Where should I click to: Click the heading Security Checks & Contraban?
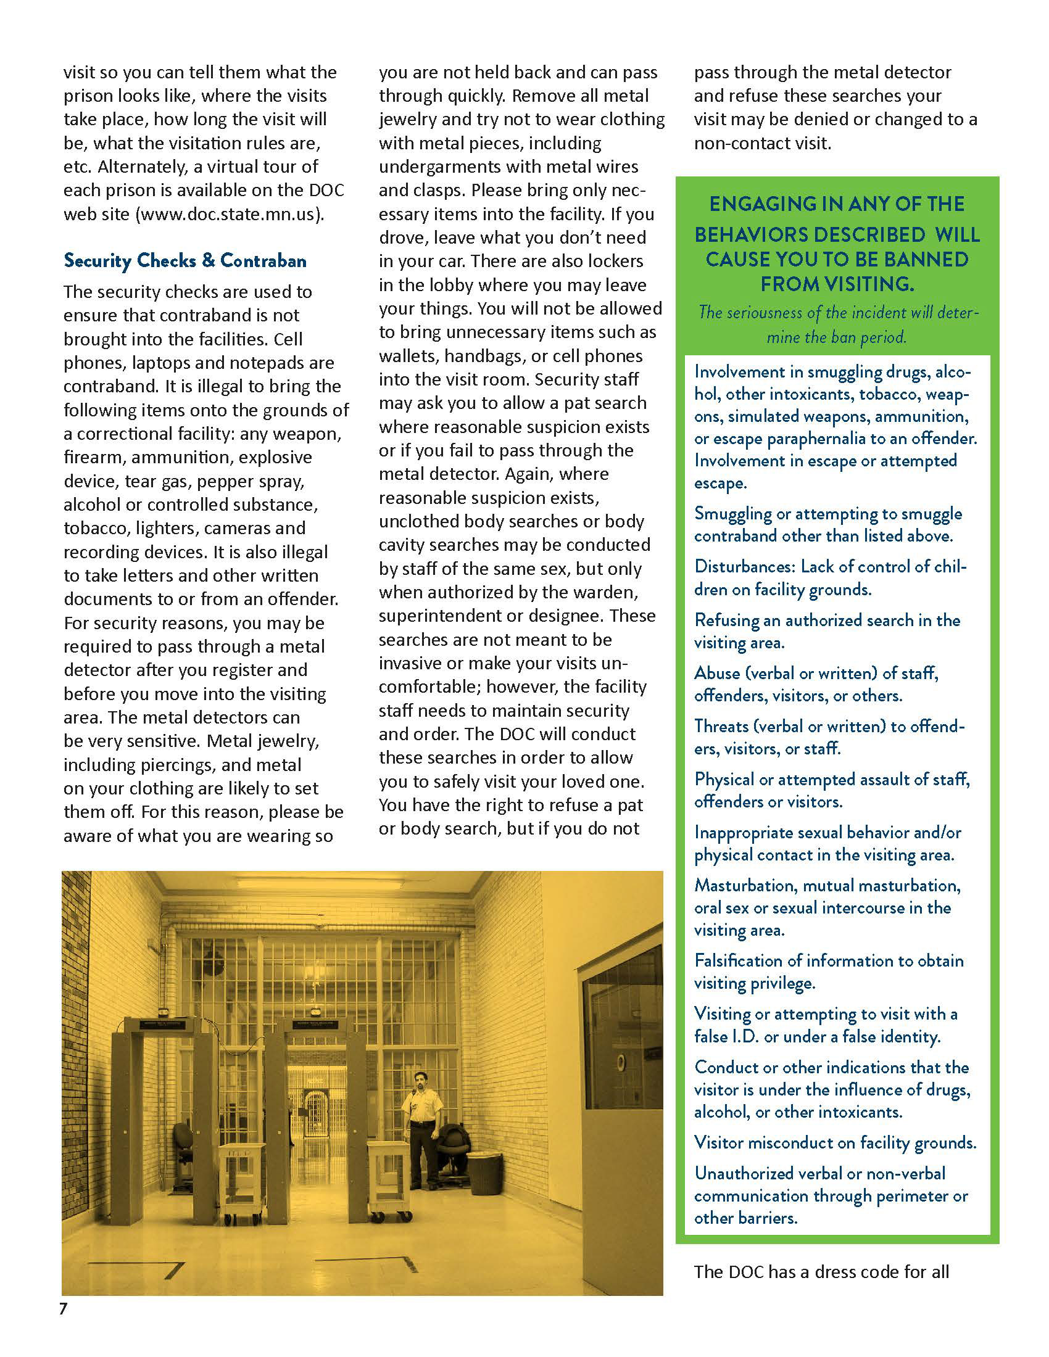[185, 260]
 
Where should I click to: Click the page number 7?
[63, 1308]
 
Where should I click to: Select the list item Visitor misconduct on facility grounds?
[835, 1142]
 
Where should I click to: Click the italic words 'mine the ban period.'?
[837, 337]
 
